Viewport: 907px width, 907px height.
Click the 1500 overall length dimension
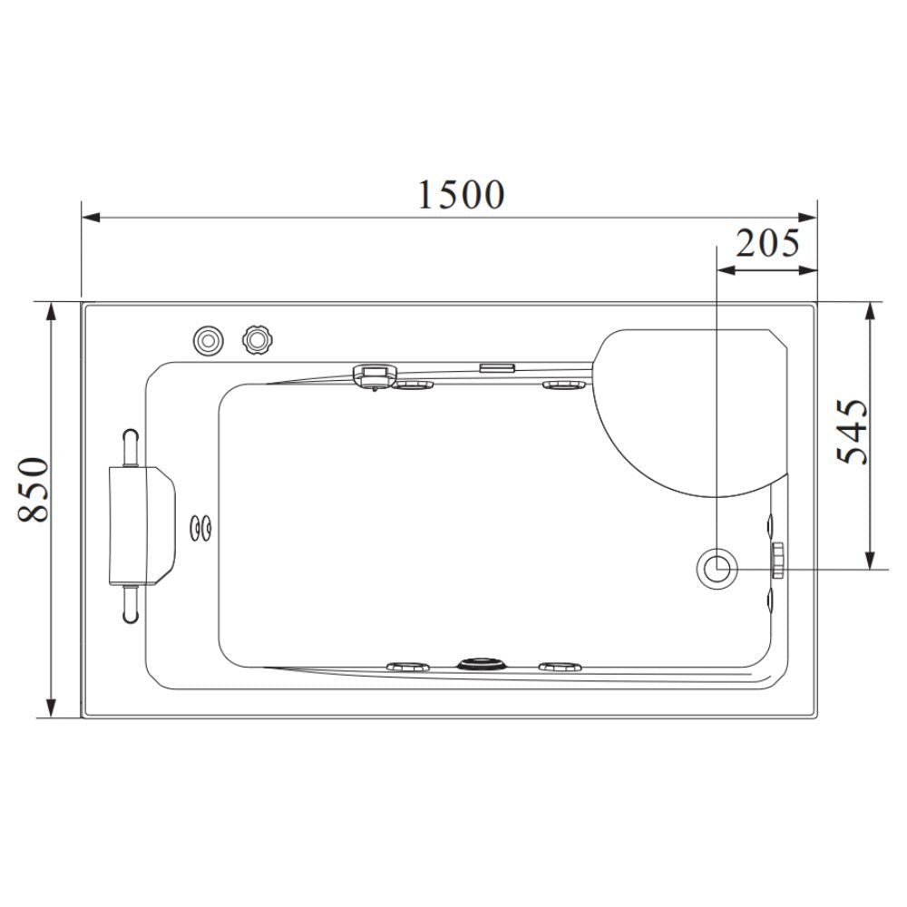[461, 193]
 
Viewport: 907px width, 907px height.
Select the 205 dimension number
[766, 244]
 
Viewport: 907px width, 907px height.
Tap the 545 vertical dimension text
[852, 432]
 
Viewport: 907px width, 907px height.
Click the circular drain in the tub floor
[717, 569]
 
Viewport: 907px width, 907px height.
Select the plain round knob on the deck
[208, 340]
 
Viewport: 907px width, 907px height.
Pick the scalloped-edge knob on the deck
[258, 339]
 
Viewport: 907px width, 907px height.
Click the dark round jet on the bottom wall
[477, 664]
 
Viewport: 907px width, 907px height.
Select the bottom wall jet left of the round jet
[409, 667]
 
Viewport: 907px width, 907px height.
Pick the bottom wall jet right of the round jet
[560, 667]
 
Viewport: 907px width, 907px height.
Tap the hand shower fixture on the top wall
[374, 374]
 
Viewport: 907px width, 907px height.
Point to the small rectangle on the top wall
[497, 367]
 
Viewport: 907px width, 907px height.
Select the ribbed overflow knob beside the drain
[777, 561]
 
